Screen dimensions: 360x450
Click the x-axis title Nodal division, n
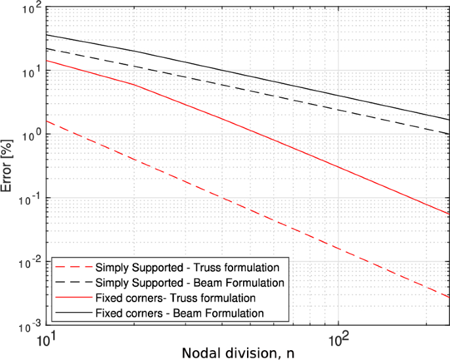(x=238, y=351)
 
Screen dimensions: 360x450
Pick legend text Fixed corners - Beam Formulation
(x=179, y=313)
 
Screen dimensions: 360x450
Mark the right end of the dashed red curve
(x=449, y=298)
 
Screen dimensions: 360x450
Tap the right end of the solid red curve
(x=449, y=214)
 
